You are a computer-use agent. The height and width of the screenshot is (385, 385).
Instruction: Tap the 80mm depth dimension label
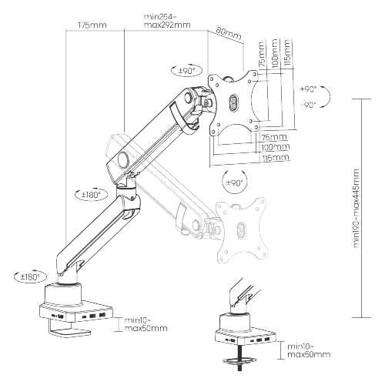(x=229, y=33)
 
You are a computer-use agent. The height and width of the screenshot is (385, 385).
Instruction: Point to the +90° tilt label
(x=310, y=89)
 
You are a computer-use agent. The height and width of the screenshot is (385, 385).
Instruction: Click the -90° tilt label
(x=310, y=105)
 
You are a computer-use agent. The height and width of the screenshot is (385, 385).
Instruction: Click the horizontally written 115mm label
(x=275, y=158)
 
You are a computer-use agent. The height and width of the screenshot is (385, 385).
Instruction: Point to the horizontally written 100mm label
(x=274, y=147)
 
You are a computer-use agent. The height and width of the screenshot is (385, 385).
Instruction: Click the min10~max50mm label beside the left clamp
(x=144, y=324)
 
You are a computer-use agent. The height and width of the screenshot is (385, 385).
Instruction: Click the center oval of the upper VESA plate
(x=235, y=102)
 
